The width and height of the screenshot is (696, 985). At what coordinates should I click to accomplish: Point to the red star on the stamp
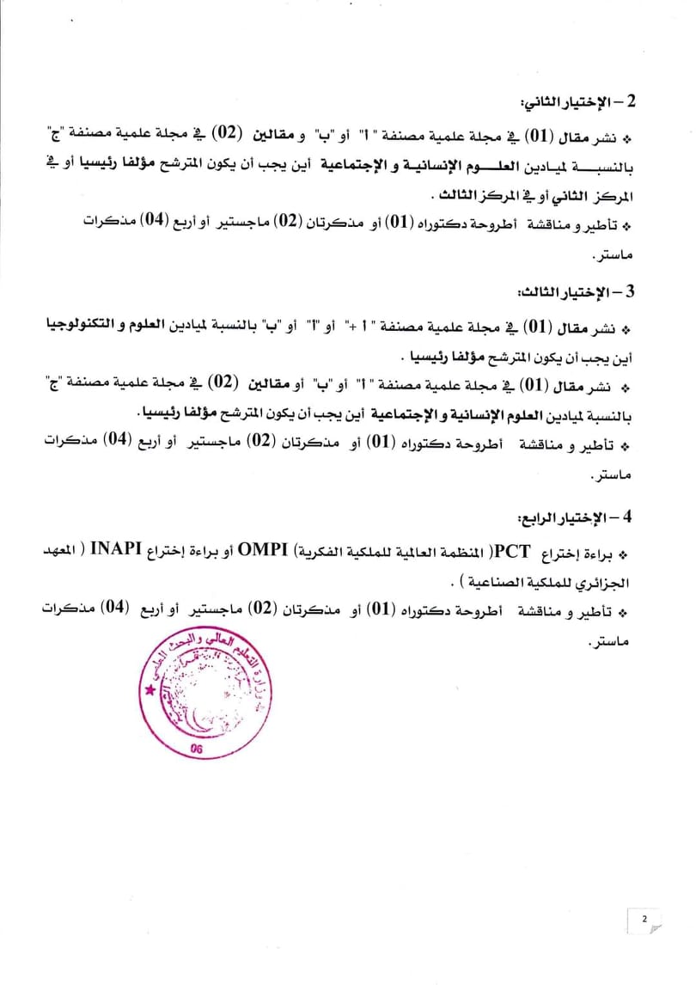(x=151, y=690)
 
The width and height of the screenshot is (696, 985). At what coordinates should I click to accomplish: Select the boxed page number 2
(x=644, y=920)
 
